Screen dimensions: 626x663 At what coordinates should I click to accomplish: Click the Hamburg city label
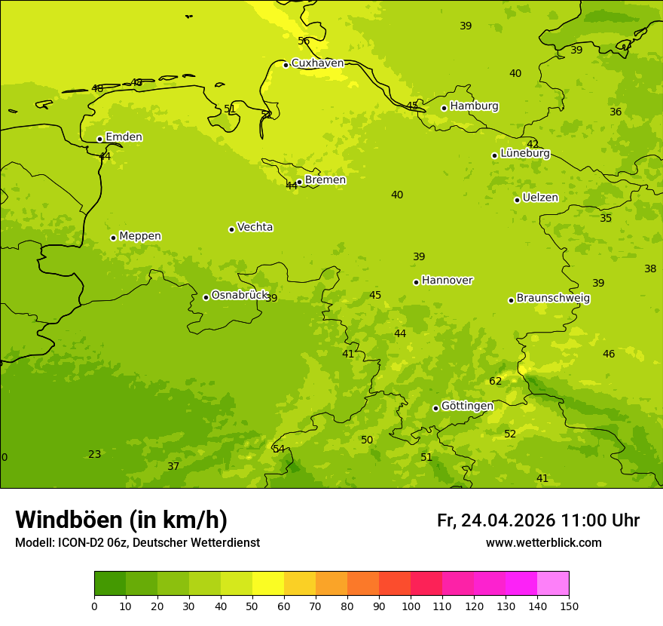pyautogui.click(x=474, y=106)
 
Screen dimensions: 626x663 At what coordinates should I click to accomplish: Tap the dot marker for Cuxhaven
pyautogui.click(x=286, y=65)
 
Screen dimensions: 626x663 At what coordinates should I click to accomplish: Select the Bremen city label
pyautogui.click(x=325, y=180)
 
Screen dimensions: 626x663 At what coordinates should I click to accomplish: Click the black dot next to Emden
pyautogui.click(x=99, y=139)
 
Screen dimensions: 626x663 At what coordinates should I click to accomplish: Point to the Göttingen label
pyautogui.click(x=467, y=406)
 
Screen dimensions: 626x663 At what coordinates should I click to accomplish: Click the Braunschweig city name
pyautogui.click(x=553, y=298)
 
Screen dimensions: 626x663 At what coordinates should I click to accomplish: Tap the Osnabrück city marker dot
pyautogui.click(x=206, y=297)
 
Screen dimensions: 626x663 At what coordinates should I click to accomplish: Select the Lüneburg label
pyautogui.click(x=524, y=153)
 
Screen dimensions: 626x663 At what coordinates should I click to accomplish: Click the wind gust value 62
pyautogui.click(x=495, y=381)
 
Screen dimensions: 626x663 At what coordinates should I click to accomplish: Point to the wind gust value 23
pyautogui.click(x=94, y=454)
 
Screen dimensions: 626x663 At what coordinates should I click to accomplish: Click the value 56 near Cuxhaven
pyautogui.click(x=304, y=41)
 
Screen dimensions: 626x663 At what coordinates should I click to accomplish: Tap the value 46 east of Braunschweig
pyautogui.click(x=609, y=354)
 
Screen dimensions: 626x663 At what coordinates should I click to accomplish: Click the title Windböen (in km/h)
pyautogui.click(x=121, y=520)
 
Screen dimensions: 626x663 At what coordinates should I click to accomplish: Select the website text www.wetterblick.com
pyautogui.click(x=543, y=543)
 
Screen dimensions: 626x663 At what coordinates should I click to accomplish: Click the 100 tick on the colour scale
pyautogui.click(x=411, y=606)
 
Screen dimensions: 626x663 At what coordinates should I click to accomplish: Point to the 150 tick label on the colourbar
pyautogui.click(x=569, y=606)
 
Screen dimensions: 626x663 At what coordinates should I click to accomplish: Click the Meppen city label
pyautogui.click(x=140, y=236)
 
